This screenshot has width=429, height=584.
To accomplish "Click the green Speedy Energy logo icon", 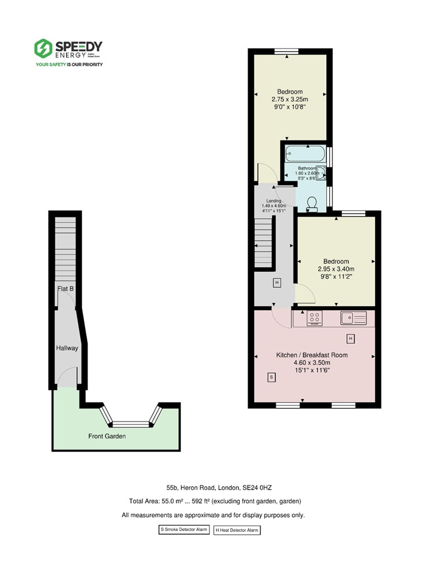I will pos(43,48).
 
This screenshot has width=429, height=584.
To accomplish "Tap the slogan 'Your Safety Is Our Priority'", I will pos(69,64).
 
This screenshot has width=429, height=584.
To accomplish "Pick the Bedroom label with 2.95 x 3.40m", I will pos(336,268).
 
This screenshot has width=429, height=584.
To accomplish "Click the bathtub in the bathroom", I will pos(306,154).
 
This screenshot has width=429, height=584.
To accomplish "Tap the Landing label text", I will pos(273,201).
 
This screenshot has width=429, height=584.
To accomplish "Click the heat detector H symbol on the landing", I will pos(277,283).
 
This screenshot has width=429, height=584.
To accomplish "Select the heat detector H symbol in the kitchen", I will pos(350,338).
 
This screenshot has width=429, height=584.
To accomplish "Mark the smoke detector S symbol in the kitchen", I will pos(271,378).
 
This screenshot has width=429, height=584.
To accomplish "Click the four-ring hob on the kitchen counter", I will pos(315,317).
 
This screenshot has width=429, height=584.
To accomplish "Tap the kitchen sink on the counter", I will pos(352,317).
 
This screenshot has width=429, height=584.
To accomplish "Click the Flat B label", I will pos(66,289).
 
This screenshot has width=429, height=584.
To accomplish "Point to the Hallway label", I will pos(67,348).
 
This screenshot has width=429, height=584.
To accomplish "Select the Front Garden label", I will pos(107,436).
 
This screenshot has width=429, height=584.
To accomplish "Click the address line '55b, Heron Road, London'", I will pos(214,487).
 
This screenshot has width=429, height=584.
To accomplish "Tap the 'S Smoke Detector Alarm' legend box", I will pos(184,530).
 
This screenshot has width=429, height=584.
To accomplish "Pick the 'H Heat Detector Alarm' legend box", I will pos(237,530).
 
